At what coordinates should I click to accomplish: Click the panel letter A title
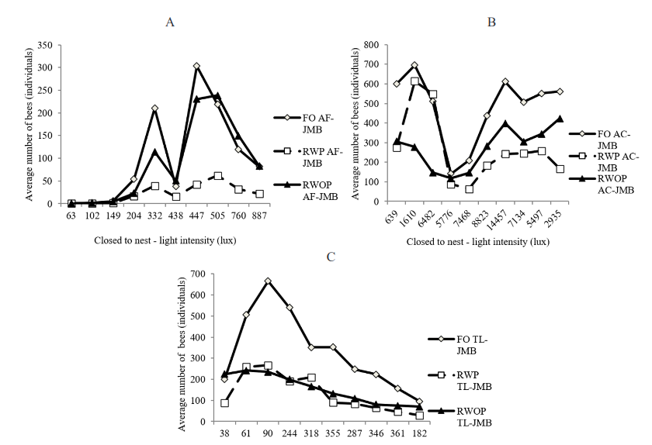[170, 22]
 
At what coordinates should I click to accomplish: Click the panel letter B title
[491, 22]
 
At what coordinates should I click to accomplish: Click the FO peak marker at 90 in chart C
[268, 281]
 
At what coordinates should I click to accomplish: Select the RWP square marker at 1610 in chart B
[414, 81]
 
